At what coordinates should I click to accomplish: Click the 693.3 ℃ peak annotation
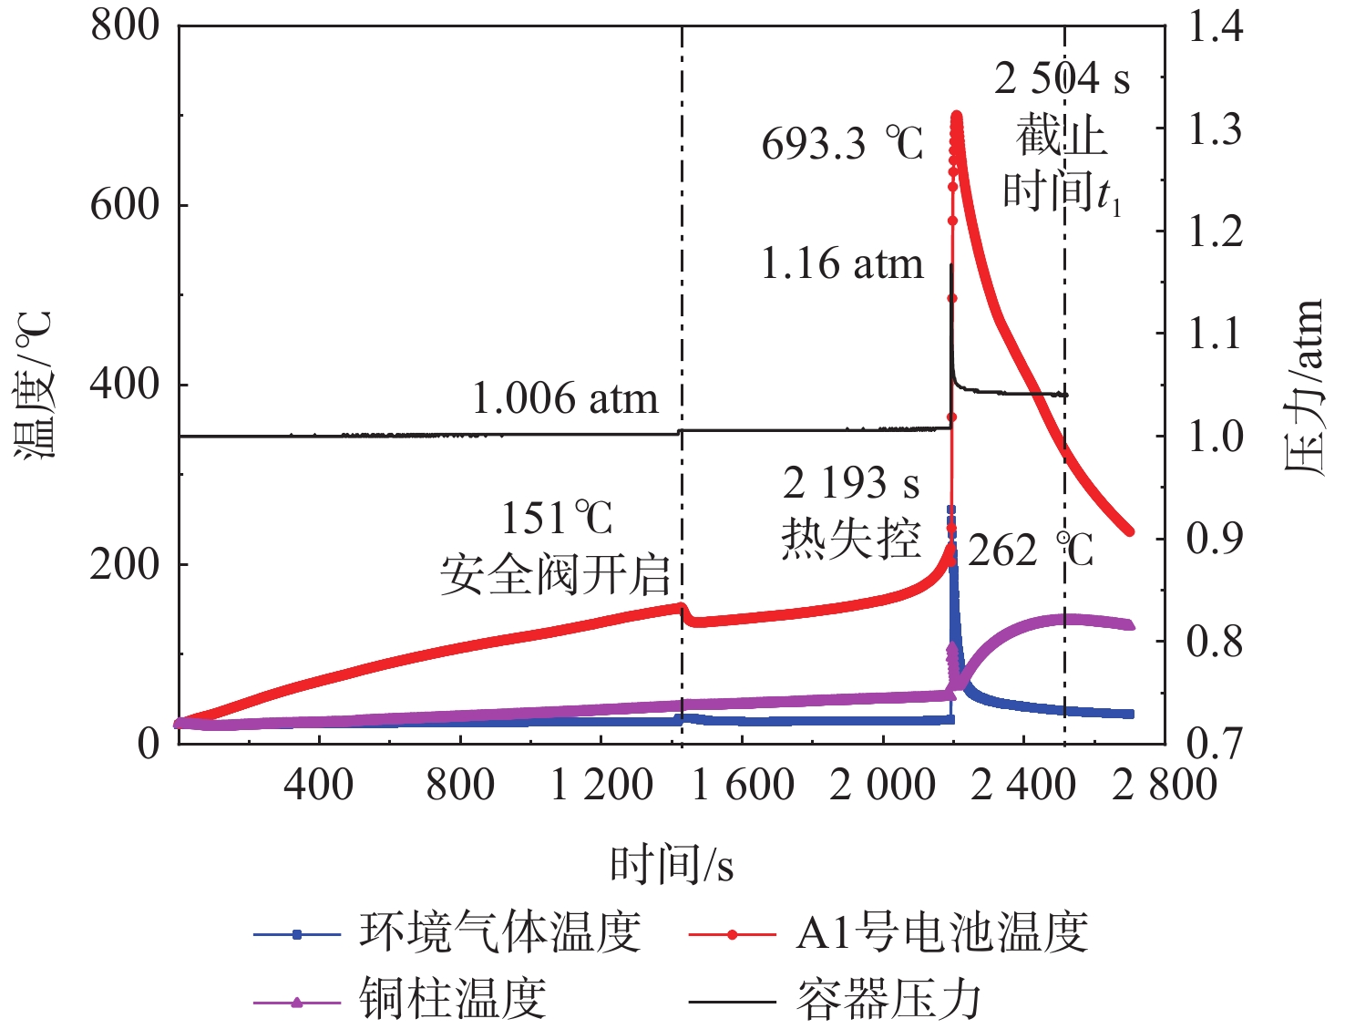click(842, 144)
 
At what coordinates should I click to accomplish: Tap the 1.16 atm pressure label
click(841, 264)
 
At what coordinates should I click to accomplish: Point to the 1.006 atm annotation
click(565, 399)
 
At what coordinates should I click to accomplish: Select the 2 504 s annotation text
click(1062, 79)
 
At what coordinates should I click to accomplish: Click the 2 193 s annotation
click(851, 483)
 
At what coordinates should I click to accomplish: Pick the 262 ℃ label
click(1030, 551)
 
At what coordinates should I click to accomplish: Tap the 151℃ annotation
click(557, 519)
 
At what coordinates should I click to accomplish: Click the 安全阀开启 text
click(555, 576)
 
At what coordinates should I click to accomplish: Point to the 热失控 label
click(851, 539)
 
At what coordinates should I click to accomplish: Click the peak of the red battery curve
click(957, 117)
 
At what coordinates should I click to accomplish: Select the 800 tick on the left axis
click(125, 26)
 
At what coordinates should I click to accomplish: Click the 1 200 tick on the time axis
click(601, 785)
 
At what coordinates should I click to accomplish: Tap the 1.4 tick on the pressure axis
click(1215, 27)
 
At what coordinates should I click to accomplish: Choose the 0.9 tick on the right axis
click(1215, 539)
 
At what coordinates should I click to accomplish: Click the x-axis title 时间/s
click(672, 863)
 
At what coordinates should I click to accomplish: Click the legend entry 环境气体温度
click(500, 933)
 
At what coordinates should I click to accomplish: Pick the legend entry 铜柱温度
click(453, 1000)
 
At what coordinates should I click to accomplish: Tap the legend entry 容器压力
click(889, 1000)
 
